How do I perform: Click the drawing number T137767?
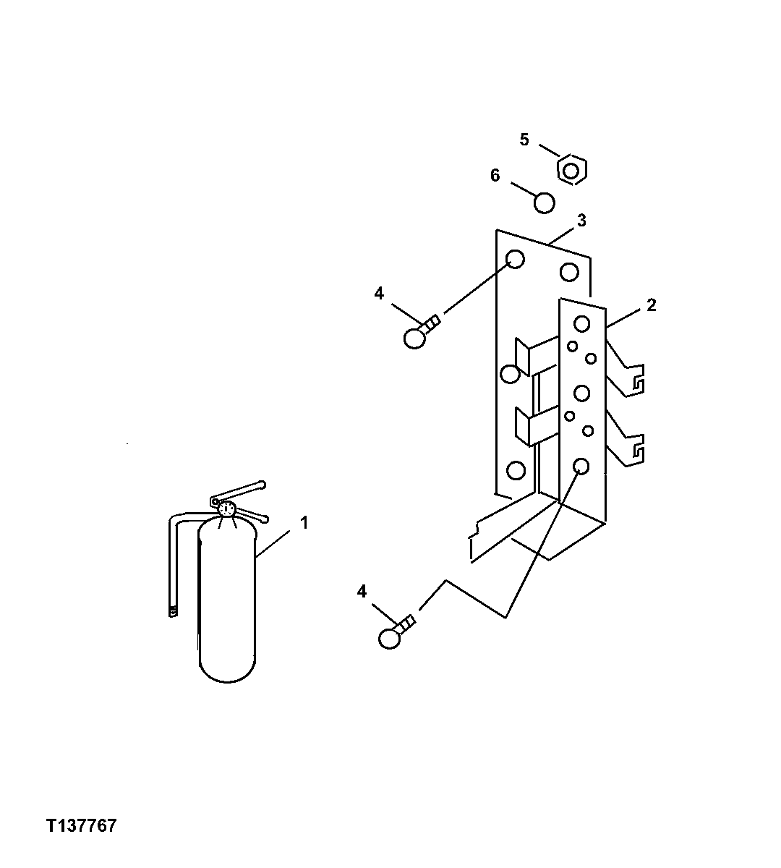click(81, 826)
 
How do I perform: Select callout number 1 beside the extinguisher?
click(304, 522)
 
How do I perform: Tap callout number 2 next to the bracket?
click(651, 305)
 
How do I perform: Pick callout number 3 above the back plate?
click(581, 221)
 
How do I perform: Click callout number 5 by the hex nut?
click(524, 140)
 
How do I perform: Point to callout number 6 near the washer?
click(495, 176)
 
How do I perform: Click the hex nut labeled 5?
click(571, 171)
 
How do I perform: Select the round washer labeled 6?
click(544, 203)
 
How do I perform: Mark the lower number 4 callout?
click(362, 592)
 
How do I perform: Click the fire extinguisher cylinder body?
click(227, 608)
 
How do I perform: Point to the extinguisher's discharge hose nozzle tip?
click(173, 611)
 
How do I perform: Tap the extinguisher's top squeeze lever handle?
click(239, 491)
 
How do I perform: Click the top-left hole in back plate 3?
click(515, 259)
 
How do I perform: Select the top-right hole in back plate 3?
click(569, 273)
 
